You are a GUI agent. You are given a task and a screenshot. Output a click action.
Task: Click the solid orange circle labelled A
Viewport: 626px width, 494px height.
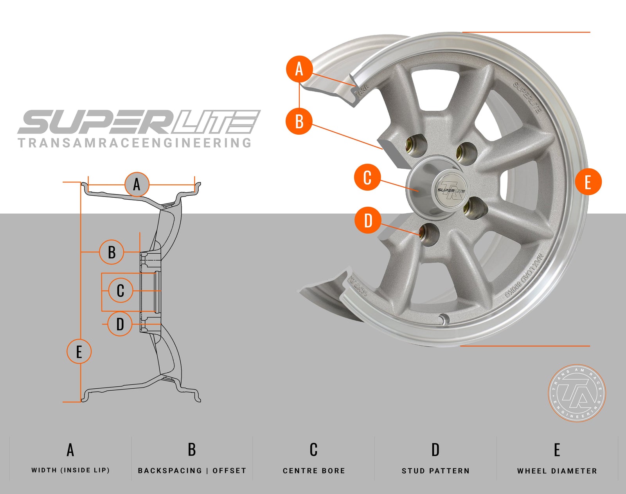point(299,69)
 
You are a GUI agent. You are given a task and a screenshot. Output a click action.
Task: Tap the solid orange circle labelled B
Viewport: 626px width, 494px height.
point(299,121)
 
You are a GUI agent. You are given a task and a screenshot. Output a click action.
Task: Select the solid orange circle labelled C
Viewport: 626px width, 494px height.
point(367,177)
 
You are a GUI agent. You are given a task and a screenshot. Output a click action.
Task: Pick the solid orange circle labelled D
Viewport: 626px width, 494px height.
point(368,220)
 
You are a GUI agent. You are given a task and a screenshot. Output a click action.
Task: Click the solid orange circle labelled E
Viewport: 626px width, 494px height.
point(588,182)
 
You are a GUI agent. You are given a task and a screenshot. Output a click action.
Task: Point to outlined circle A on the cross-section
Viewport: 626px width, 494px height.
point(137,184)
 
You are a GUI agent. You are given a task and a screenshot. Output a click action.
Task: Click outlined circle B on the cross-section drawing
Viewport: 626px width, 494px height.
point(112,252)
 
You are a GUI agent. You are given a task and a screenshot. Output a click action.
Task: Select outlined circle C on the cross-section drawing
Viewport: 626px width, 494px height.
point(121,290)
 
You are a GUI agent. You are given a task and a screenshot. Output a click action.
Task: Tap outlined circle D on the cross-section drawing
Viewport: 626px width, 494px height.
point(120,324)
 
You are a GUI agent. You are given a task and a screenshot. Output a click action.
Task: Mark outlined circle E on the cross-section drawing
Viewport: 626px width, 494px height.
point(79,351)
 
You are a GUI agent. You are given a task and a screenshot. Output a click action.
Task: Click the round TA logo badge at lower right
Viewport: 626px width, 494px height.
point(577,393)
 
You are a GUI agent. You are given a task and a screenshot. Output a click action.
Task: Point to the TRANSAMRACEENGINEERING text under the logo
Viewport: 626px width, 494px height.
point(135,143)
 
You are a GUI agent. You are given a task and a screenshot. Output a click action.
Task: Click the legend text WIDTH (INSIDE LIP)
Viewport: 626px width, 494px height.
point(70,470)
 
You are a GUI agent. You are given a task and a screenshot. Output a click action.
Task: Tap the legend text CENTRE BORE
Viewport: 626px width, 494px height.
point(314,471)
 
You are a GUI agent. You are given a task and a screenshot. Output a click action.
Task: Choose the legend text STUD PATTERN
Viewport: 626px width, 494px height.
point(435,471)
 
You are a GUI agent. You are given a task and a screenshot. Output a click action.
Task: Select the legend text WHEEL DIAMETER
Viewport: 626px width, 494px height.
point(557,471)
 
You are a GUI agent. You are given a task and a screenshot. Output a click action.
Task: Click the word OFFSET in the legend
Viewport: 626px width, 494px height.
point(229,471)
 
